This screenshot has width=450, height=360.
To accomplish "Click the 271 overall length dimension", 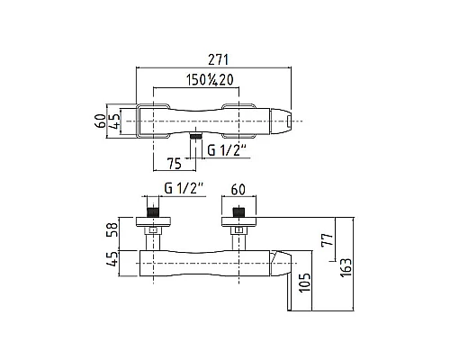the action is [219, 59].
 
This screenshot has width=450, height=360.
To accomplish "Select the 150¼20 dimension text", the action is [210, 80].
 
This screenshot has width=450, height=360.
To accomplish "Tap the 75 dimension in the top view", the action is [175, 164].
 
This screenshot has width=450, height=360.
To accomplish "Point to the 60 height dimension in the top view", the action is [102, 121].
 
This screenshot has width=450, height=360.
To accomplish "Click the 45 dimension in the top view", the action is [114, 121].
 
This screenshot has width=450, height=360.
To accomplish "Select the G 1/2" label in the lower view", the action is [184, 189].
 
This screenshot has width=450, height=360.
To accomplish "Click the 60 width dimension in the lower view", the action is [238, 189].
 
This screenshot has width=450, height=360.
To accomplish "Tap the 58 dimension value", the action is [112, 229].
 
